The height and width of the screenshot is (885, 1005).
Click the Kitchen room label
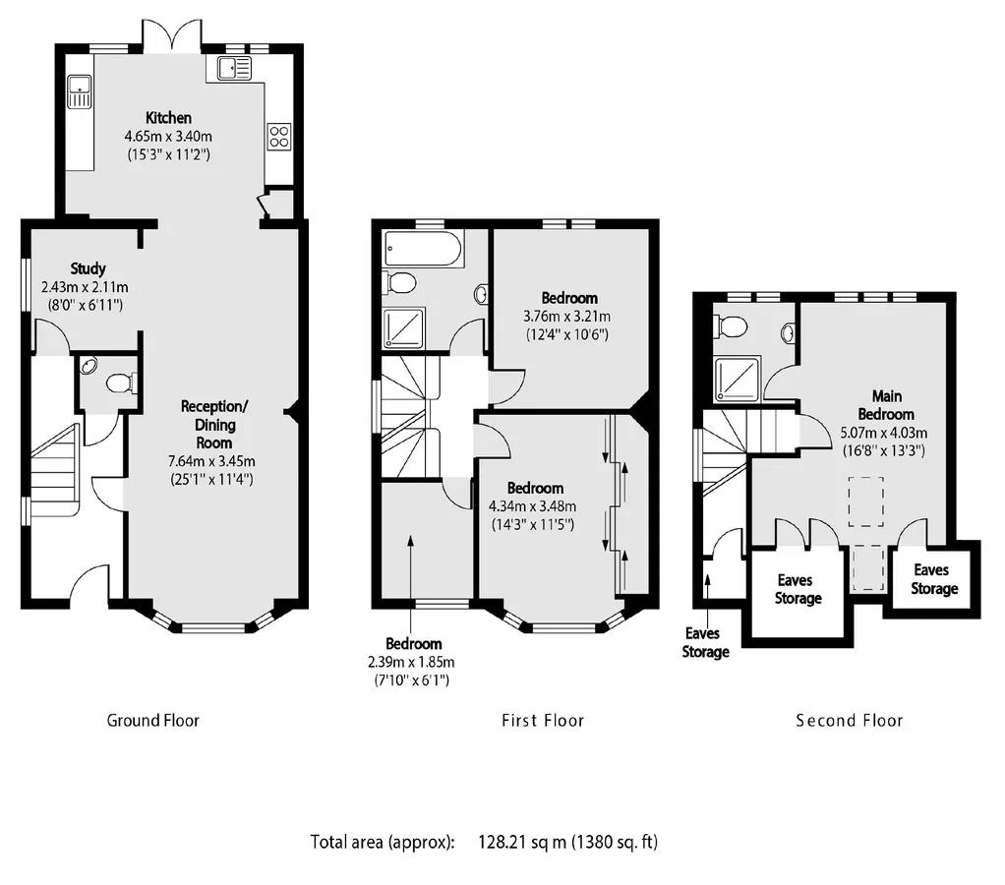tap(168, 118)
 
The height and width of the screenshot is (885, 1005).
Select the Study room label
tap(88, 268)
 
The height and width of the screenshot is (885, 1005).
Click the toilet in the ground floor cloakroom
tap(122, 383)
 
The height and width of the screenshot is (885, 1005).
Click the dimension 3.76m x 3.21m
tap(568, 317)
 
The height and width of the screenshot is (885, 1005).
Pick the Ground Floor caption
tap(152, 721)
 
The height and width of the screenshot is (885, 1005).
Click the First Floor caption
tap(543, 721)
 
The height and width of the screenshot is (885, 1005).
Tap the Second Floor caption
tap(849, 721)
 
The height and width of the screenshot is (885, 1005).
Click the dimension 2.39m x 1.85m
tap(412, 662)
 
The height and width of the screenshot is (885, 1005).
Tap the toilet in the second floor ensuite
tap(731, 324)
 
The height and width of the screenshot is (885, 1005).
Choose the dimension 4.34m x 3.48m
tap(533, 506)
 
